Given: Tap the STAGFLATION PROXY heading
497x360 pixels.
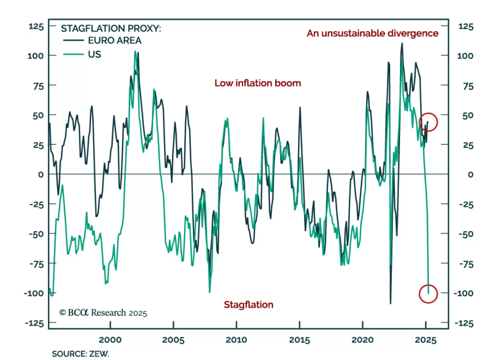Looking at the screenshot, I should [x=111, y=29].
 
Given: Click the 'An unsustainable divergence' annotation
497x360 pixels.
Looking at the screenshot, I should [x=372, y=33].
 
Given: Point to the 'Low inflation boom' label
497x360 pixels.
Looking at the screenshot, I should [x=258, y=83].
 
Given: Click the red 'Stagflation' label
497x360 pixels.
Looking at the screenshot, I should [x=248, y=304].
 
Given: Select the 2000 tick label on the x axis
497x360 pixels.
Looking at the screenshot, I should [x=110, y=340].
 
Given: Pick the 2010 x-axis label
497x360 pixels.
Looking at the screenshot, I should [x=236, y=340].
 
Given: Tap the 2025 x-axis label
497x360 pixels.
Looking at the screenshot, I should [x=426, y=340].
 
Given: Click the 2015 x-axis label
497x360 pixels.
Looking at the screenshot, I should [x=299, y=340].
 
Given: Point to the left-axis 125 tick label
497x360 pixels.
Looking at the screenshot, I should [x=36, y=26].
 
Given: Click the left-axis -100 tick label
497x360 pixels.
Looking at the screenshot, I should [x=34, y=293].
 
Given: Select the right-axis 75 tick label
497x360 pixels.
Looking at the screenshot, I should [x=468, y=86].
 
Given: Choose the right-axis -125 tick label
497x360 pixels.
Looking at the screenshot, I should [x=464, y=323].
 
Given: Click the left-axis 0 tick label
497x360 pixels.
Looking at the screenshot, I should [x=41, y=175].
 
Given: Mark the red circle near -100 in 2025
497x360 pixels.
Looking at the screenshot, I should [x=428, y=294].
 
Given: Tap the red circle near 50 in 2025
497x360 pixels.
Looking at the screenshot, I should [x=428, y=122].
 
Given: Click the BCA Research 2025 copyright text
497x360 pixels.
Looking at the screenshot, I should [x=103, y=312].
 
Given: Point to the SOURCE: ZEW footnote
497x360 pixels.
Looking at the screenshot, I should [x=80, y=354].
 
